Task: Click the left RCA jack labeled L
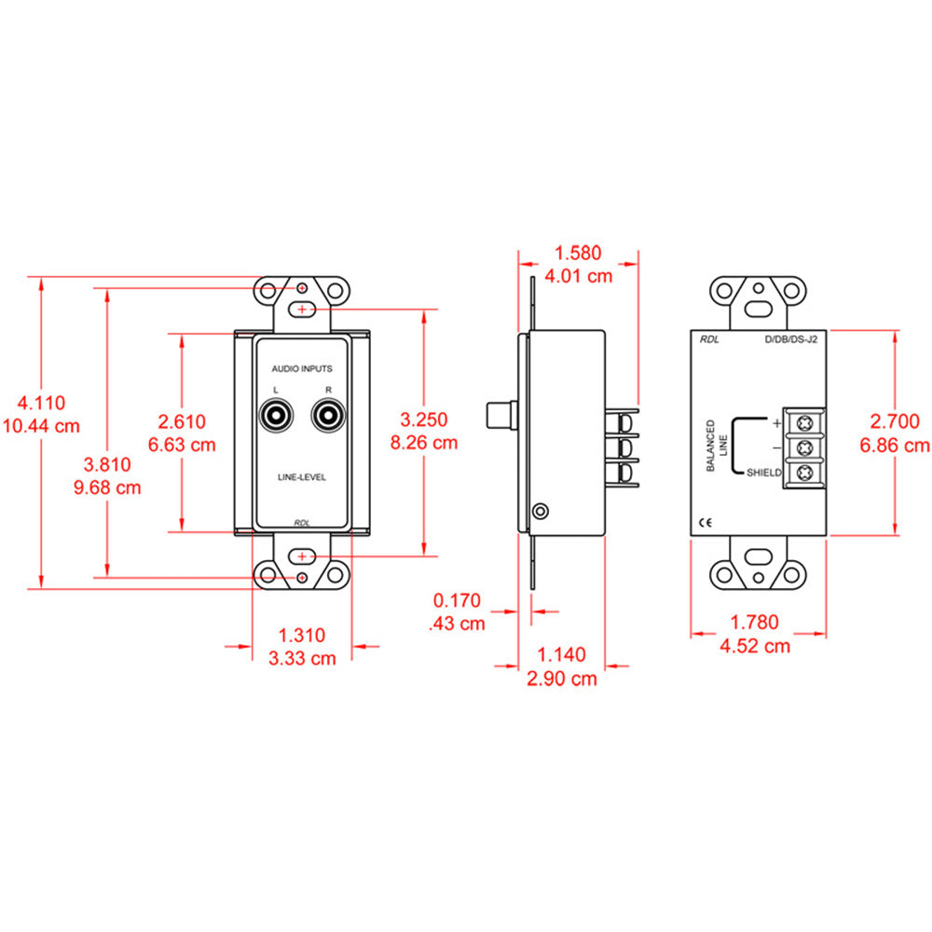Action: [x=278, y=415]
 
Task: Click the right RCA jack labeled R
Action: [x=326, y=415]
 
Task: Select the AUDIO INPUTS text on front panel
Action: [x=302, y=369]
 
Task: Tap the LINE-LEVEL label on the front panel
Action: [x=302, y=476]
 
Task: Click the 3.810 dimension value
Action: [x=107, y=464]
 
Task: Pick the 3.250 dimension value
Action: [x=424, y=420]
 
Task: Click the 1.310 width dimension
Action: [x=302, y=636]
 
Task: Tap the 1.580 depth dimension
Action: [x=578, y=252]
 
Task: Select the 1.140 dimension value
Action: [x=561, y=656]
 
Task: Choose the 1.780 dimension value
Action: [x=758, y=622]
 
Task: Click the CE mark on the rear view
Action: [x=706, y=523]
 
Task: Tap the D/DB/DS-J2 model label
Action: [x=790, y=341]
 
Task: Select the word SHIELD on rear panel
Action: [x=763, y=473]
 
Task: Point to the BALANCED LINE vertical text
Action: [x=717, y=445]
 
